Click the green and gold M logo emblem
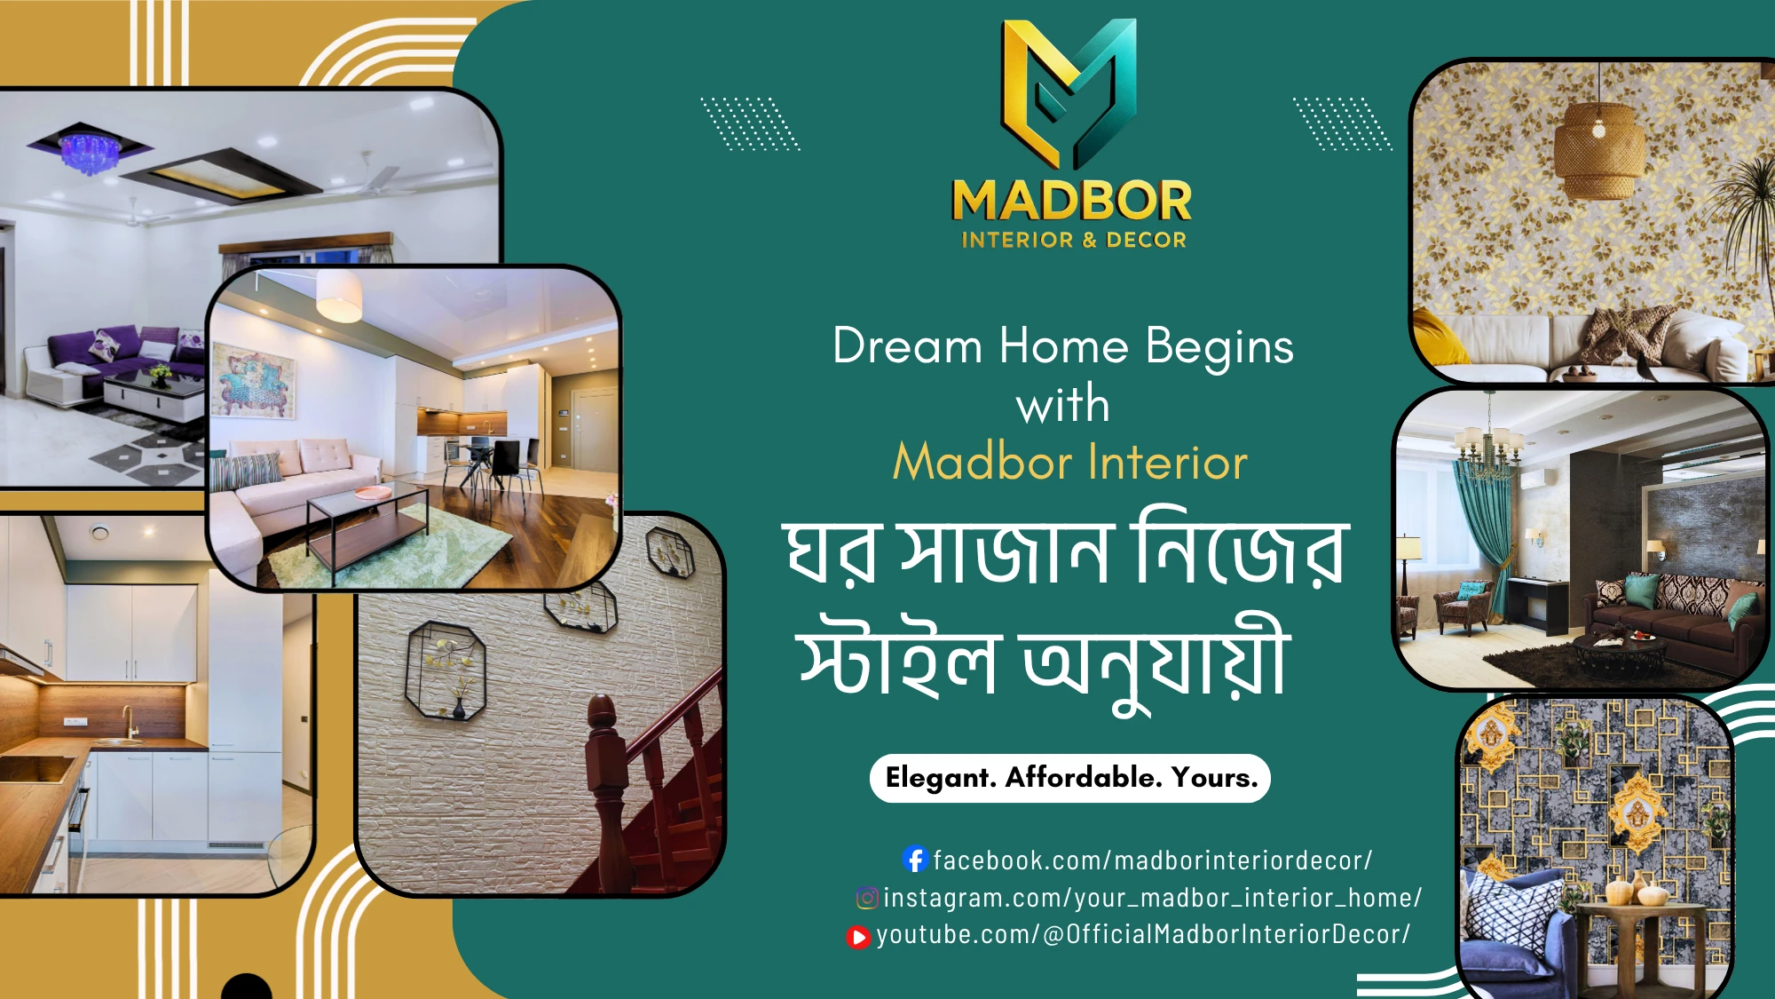[1069, 93]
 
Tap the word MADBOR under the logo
[1072, 201]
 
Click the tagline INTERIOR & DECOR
[1074, 240]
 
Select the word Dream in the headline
[907, 345]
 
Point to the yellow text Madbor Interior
[1070, 462]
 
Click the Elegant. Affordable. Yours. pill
[1070, 778]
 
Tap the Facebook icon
[915, 859]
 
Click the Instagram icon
[867, 898]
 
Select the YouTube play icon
[858, 937]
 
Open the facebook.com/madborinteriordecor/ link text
[1153, 860]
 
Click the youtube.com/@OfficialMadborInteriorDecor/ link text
[1143, 934]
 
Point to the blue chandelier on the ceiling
[89, 151]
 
